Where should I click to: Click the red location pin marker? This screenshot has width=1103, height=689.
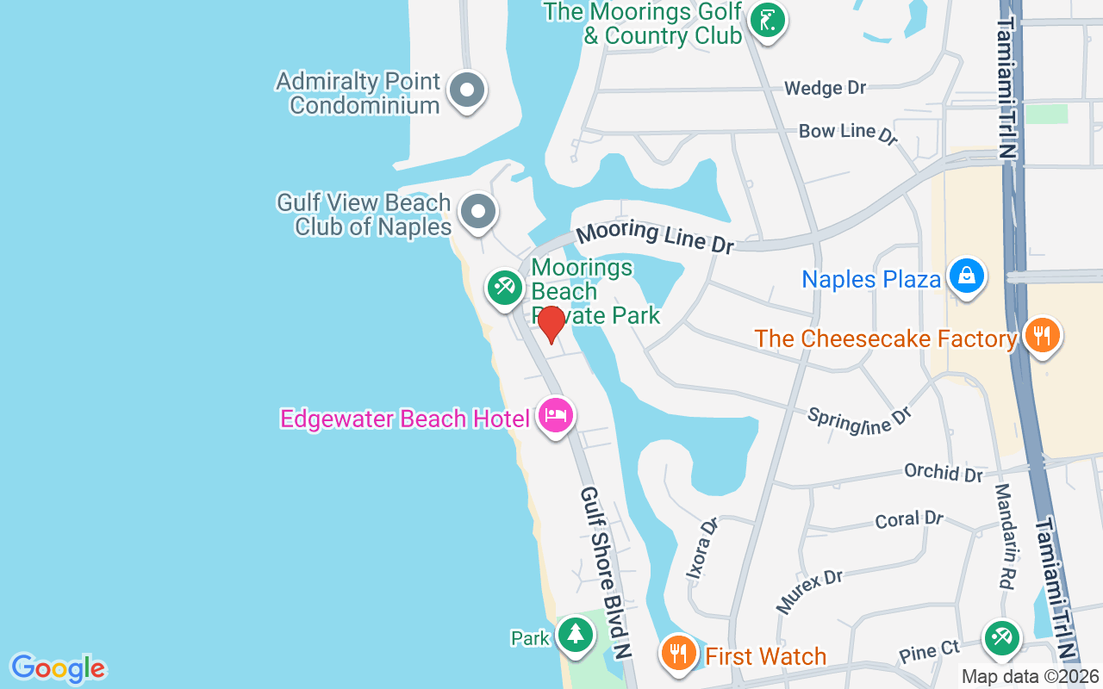pos(551,323)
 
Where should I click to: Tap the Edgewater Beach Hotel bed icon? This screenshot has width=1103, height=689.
pos(556,416)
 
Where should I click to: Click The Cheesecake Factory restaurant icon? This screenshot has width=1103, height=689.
pos(1043,336)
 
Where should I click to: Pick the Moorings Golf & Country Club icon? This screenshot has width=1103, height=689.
pos(766,20)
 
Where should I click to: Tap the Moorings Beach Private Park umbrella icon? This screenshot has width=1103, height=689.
pos(504,287)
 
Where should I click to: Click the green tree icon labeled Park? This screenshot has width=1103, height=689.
pos(574,635)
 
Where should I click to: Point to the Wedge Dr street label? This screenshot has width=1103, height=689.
pos(825,88)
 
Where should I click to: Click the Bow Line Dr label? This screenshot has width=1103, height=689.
pos(849,132)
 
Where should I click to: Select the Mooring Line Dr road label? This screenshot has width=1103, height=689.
pos(655,238)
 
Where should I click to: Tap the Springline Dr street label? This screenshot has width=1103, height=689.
pos(859,419)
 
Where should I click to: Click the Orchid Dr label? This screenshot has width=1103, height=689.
pos(944,472)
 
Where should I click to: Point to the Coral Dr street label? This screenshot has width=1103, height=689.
pos(909,519)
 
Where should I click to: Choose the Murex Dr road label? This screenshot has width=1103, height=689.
pos(809,591)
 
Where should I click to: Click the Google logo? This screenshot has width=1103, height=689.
pos(58,668)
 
